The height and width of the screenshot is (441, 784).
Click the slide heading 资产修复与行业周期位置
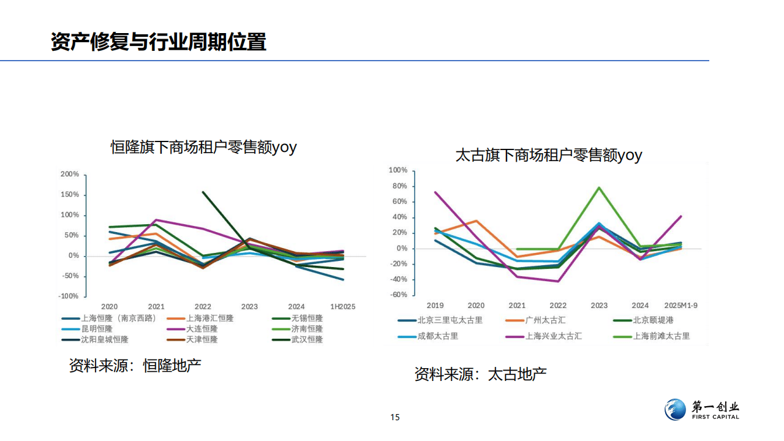point(159,42)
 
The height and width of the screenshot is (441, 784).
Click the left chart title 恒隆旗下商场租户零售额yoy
point(203,147)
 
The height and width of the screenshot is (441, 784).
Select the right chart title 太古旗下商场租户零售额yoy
point(549,155)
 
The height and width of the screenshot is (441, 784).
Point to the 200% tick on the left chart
point(70,175)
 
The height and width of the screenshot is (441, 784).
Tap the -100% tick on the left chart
point(69,296)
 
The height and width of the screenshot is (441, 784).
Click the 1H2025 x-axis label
point(342,306)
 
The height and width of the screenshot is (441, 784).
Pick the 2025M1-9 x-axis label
point(681,305)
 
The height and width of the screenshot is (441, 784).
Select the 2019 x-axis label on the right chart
point(435,305)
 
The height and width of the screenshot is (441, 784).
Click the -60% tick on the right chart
point(399,295)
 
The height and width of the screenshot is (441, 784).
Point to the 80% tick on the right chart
point(400,186)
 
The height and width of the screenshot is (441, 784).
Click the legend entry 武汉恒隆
point(307,339)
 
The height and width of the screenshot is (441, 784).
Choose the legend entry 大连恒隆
point(202,329)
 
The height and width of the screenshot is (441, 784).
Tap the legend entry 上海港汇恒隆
point(209,318)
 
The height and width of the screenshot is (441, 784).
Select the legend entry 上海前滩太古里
point(661,336)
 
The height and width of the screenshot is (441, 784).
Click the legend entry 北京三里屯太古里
point(450,320)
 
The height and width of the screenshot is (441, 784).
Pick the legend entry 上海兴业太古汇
point(553,336)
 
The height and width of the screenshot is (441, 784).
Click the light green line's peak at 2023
point(599,187)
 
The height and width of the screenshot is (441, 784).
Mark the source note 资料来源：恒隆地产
point(135,366)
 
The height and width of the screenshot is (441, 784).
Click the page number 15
point(395,417)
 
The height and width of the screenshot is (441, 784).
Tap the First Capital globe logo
point(676,410)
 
